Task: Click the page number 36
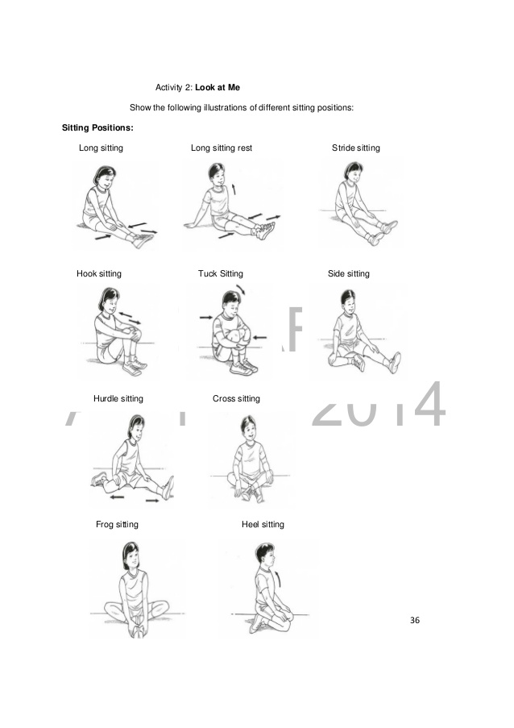[x=415, y=620]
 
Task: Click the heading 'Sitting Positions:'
[x=97, y=128]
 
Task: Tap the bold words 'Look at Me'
[x=218, y=87]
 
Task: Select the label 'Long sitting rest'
[x=222, y=148]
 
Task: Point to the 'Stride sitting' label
[x=355, y=148]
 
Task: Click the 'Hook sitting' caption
[x=99, y=274]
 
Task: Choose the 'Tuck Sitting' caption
[x=220, y=274]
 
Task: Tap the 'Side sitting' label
[x=348, y=274]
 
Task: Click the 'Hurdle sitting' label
[x=118, y=399]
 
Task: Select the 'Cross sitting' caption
[x=236, y=399]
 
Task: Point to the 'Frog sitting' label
[x=117, y=525]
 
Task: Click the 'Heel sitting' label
[x=263, y=525]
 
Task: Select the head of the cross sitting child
[x=248, y=428]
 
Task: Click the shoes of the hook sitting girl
[x=134, y=368]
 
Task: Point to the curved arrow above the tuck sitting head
[x=242, y=289]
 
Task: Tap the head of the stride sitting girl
[x=352, y=172]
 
